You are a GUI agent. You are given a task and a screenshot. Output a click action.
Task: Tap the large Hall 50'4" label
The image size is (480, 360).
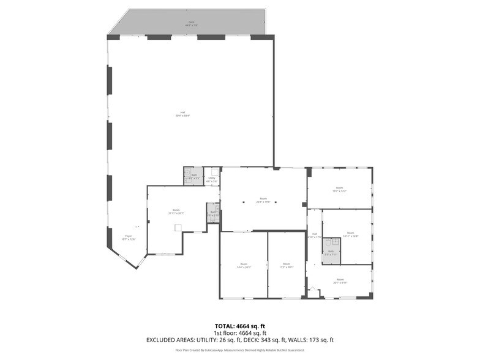click(182, 114)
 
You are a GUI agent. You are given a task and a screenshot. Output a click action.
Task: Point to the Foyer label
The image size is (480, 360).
click(129, 237)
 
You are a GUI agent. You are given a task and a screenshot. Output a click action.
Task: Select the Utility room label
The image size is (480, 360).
click(212, 179)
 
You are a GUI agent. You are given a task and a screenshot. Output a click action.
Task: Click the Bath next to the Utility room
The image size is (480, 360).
click(193, 176)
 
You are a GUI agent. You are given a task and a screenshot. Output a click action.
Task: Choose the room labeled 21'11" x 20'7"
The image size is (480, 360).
click(176, 212)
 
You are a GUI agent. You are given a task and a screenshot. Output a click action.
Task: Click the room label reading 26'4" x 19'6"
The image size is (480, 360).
click(263, 200)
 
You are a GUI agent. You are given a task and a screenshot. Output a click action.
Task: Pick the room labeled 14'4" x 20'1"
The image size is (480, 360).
click(244, 266)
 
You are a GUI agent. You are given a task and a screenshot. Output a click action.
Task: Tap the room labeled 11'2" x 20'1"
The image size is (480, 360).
click(287, 266)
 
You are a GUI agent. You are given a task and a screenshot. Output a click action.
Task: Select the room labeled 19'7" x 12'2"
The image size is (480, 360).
click(339, 189)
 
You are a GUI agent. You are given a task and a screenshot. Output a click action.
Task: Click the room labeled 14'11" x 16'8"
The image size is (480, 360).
click(350, 234)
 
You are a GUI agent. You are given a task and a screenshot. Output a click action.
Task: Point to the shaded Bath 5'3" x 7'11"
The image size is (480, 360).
click(331, 252)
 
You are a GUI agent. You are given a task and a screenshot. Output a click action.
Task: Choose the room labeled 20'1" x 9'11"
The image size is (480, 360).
click(340, 281)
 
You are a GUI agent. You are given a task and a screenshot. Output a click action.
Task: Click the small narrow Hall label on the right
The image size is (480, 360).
click(314, 235)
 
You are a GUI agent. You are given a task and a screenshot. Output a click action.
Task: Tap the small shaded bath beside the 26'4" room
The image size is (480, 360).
click(212, 213)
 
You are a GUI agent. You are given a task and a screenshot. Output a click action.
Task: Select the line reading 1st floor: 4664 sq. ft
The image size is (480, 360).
click(239, 332)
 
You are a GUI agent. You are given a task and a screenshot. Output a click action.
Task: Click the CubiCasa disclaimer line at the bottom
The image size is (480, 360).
click(239, 350)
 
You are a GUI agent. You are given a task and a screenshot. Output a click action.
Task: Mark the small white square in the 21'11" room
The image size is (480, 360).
click(178, 228)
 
